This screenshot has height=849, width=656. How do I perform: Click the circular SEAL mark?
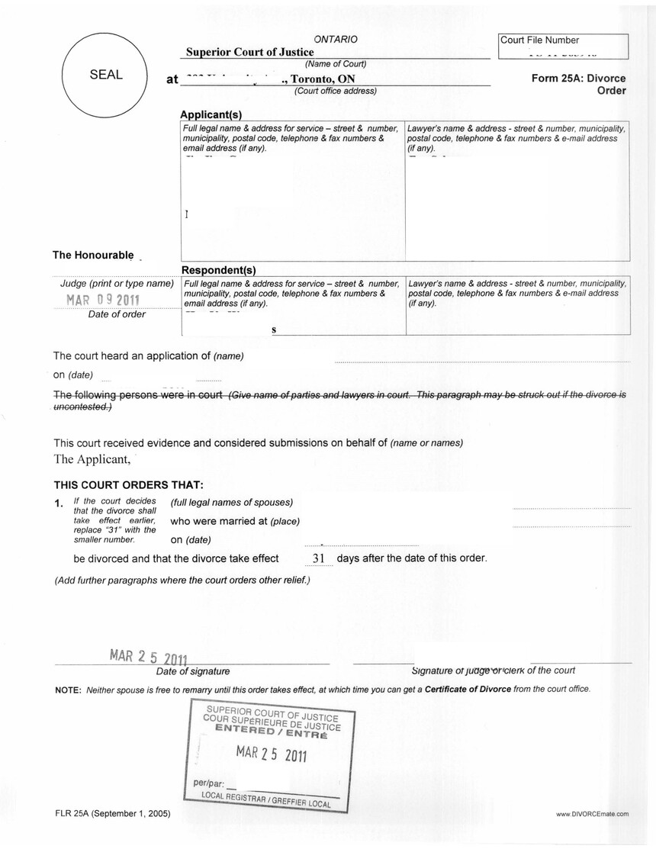pos(106,75)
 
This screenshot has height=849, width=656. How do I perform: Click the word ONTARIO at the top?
pos(336,39)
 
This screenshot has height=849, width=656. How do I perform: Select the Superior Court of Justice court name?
pos(250,52)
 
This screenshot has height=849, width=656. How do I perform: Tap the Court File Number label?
pos(540,40)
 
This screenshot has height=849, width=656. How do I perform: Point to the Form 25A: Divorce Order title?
pos(578,84)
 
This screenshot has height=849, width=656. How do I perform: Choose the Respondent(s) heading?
pos(218,270)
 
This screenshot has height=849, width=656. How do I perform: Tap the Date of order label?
pos(117,314)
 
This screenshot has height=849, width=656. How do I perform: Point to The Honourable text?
pos(93,255)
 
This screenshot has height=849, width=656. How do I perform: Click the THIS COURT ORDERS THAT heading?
pos(128,484)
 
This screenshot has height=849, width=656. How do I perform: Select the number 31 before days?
pos(320,558)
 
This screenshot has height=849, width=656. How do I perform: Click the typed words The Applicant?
pos(92,459)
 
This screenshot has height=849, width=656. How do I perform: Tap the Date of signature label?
pos(193,671)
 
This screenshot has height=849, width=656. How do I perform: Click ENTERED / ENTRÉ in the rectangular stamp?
pos(271,730)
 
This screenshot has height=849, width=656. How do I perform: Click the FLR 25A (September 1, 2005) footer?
pos(112,814)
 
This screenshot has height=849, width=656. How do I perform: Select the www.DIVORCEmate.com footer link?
pos(593,815)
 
